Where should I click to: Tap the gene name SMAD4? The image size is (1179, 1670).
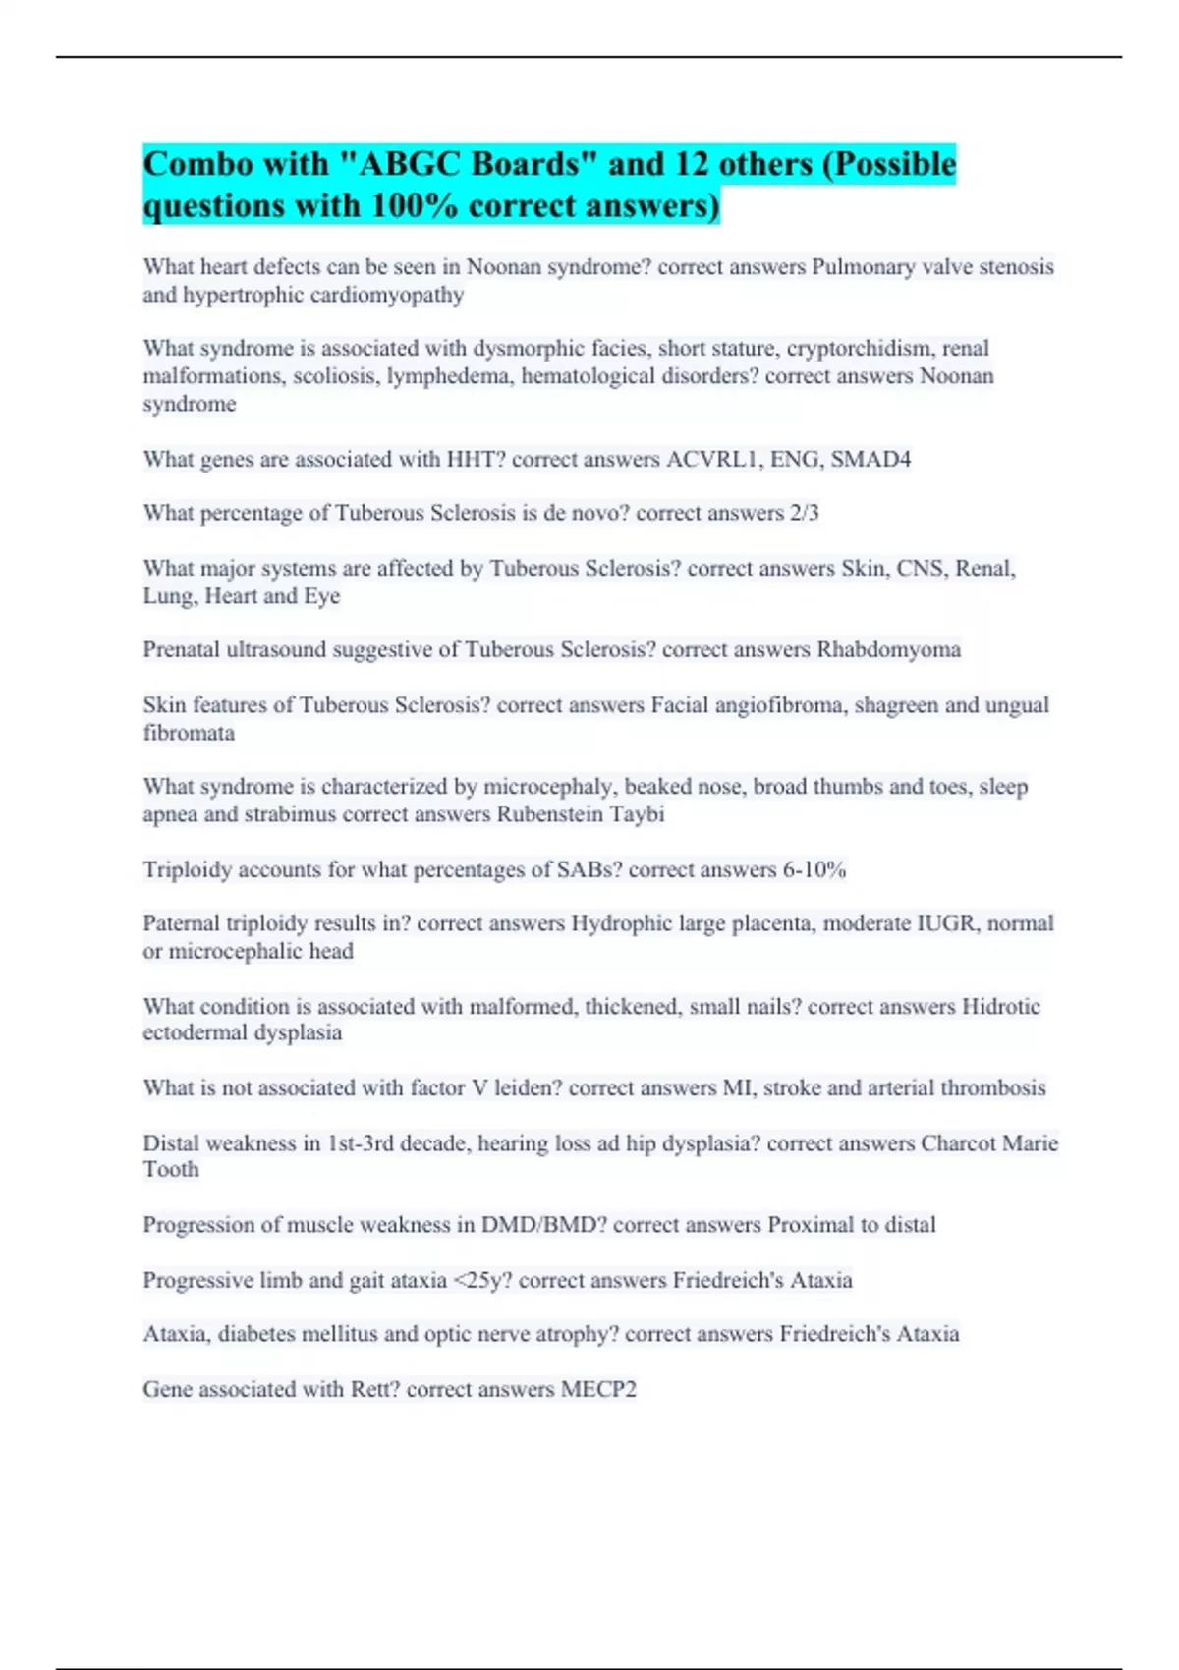tap(870, 459)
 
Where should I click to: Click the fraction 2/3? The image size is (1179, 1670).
tap(804, 513)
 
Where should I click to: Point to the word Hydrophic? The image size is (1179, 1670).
tap(618, 923)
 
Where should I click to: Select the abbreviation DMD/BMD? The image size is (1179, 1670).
tap(531, 1225)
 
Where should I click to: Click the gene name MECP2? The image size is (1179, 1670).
tap(598, 1389)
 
